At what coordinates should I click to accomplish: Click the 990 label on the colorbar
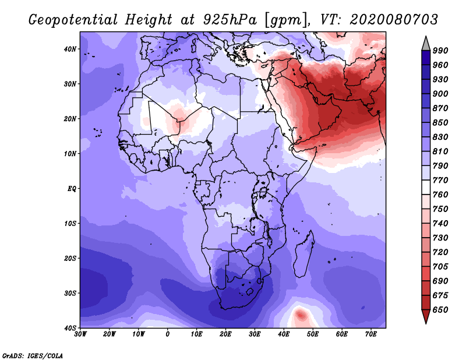click(x=440, y=51)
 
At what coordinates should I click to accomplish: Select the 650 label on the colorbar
click(x=440, y=310)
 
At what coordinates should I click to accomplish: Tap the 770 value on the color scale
click(x=440, y=180)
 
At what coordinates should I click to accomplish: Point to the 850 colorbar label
click(x=440, y=122)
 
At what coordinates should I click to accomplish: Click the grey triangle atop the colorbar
click(x=426, y=44)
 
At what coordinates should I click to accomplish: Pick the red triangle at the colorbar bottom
click(x=426, y=316)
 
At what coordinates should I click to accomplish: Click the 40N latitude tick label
click(x=70, y=49)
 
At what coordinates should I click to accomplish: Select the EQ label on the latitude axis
click(x=72, y=189)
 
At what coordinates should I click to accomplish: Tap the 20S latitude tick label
click(x=70, y=258)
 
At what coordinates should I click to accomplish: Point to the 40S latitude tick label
click(x=70, y=328)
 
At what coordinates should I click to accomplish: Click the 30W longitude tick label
click(x=80, y=334)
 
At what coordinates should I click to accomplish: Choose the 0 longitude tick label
click(x=168, y=334)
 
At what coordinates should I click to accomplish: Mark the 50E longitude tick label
click(x=313, y=334)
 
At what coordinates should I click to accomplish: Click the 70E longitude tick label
click(x=371, y=334)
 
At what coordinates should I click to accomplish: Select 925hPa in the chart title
click(x=230, y=20)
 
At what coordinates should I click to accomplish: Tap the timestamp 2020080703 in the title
click(x=394, y=20)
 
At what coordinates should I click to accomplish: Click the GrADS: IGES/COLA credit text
click(x=33, y=355)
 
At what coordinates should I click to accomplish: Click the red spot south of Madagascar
click(x=301, y=315)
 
